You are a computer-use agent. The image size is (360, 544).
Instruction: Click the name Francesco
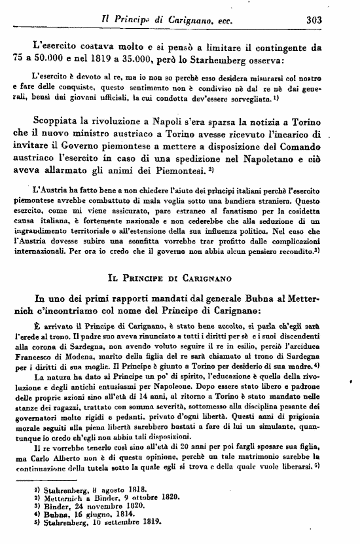35,352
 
